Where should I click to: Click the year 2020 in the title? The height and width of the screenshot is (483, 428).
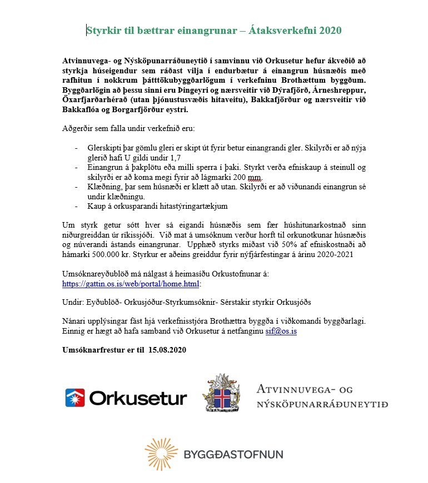pyautogui.click(x=329, y=30)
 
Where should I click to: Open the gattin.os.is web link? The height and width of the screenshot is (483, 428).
pyautogui.click(x=131, y=283)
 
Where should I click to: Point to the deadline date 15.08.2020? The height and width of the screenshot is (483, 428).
pyautogui.click(x=165, y=350)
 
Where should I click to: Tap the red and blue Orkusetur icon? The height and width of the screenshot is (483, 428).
pyautogui.click(x=75, y=398)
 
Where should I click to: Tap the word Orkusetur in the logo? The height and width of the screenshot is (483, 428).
pyautogui.click(x=138, y=398)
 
